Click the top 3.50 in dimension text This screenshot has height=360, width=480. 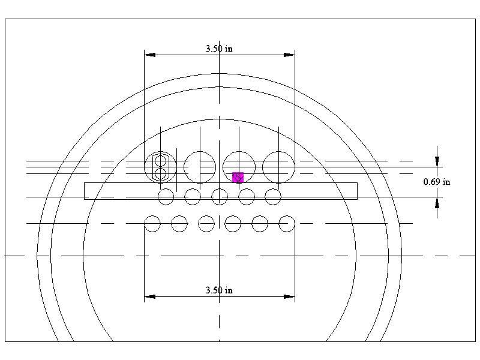219,49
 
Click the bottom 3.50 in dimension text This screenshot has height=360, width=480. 219,290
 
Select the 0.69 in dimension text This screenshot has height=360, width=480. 437,182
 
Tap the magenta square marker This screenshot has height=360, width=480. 238,177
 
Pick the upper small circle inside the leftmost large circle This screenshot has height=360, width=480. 160,161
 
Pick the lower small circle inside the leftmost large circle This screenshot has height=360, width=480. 160,174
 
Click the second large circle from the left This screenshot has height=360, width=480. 200,167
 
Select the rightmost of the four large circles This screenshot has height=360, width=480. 278,167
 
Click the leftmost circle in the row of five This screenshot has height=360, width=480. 166,196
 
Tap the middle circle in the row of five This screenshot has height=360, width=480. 220,196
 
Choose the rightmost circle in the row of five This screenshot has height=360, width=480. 273,196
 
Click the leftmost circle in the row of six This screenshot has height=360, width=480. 152,224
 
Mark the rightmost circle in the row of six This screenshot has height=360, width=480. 287,224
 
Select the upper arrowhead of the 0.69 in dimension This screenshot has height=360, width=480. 437,161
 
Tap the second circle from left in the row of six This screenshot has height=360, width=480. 179,224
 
